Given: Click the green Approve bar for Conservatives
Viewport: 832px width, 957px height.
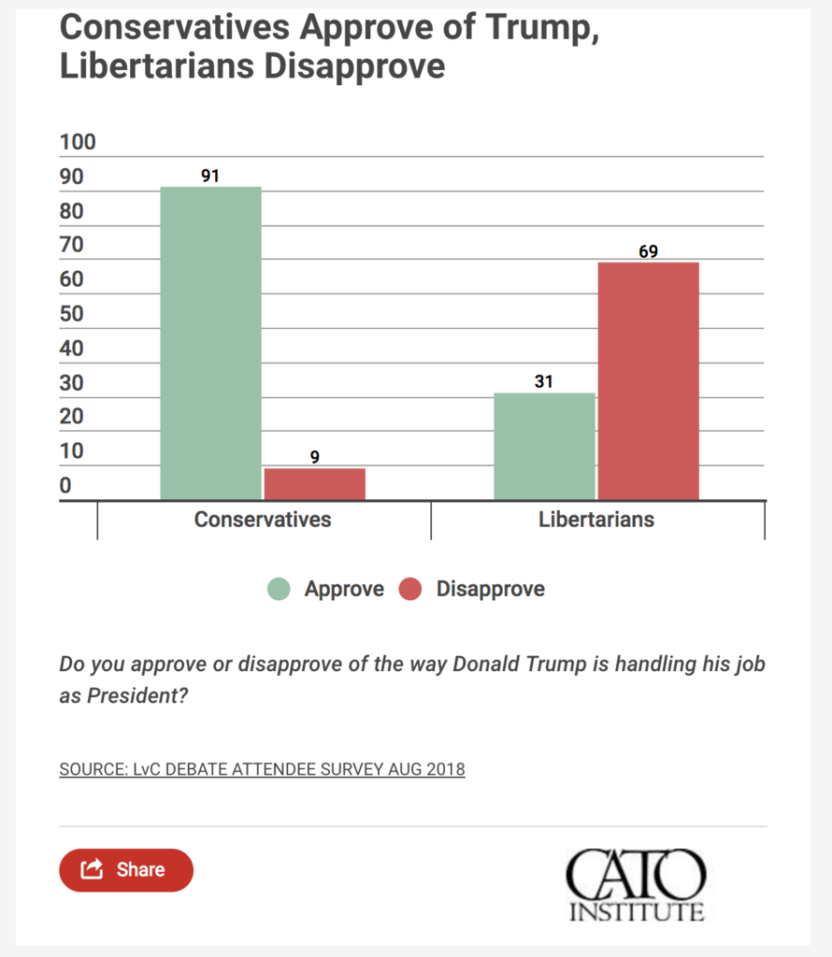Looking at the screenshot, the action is tap(210, 344).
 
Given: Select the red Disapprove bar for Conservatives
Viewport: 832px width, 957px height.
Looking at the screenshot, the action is tap(315, 485).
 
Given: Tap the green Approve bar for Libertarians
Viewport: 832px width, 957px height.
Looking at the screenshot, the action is tap(544, 447).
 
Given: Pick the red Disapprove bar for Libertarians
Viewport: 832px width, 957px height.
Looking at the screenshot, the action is tap(648, 381).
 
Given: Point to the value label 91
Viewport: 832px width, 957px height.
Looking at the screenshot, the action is tap(210, 176).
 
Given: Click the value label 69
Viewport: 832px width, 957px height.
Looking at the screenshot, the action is tap(648, 251).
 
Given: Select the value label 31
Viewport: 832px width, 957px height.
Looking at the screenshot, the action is tap(543, 381).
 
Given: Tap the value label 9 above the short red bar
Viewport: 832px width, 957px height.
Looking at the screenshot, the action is tap(314, 456).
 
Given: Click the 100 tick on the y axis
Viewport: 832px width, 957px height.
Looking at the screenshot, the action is tap(78, 142).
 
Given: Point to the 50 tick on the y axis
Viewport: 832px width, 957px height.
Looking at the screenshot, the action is tap(71, 314).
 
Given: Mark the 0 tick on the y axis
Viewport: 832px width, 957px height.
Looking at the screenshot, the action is tap(65, 485).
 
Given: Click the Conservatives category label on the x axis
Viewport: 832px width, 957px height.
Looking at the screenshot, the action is tap(263, 520).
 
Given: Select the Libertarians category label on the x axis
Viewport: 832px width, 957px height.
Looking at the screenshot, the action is tap(596, 520).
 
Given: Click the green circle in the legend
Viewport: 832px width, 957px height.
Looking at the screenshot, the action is tap(279, 589).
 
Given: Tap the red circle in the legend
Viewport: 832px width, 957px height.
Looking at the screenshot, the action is tap(410, 589).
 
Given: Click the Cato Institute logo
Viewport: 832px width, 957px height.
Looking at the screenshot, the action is tap(636, 884).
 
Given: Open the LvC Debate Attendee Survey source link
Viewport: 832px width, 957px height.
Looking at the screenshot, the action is tap(262, 769).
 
